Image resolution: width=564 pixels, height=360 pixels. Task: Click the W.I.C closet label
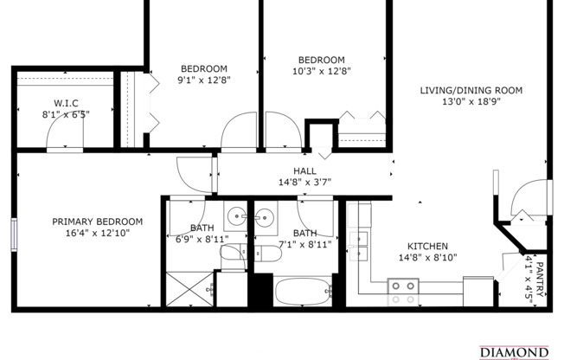pyautogui.click(x=66, y=103)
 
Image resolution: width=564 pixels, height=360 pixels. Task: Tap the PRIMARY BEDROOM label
pyautogui.click(x=97, y=222)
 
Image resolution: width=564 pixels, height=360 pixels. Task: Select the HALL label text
pyautogui.click(x=305, y=170)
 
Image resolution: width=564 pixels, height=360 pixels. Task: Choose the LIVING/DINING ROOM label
pyautogui.click(x=471, y=90)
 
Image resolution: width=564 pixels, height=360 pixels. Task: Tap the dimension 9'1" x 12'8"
pyautogui.click(x=204, y=80)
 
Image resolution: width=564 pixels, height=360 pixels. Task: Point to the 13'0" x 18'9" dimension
pyautogui.click(x=471, y=101)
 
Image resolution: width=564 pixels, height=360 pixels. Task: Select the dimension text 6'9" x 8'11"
pyautogui.click(x=202, y=239)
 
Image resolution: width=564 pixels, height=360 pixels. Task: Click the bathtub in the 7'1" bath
pyautogui.click(x=304, y=292)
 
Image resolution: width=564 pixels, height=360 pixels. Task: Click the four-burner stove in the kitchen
pyautogui.click(x=402, y=292)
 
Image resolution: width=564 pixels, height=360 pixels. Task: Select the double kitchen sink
pyautogui.click(x=357, y=245)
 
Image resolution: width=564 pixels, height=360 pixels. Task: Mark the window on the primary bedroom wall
pyautogui.click(x=14, y=235)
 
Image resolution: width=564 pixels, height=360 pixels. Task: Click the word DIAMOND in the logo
pyautogui.click(x=514, y=352)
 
